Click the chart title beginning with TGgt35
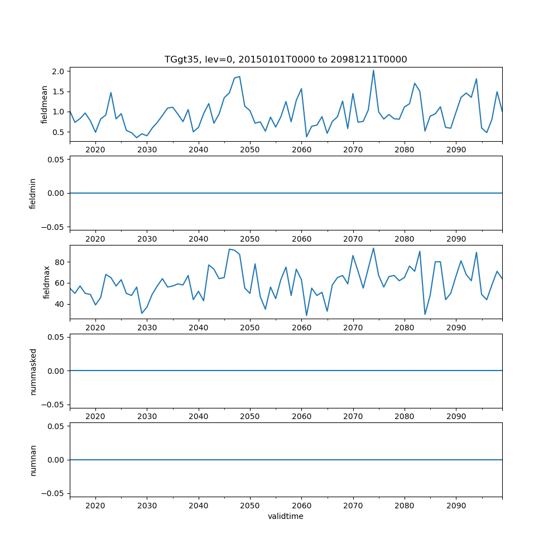coord(285,59)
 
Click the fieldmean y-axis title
coord(44,104)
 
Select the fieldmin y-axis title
coord(33,193)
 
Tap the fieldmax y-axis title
coord(47,282)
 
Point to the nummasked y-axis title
coord(33,371)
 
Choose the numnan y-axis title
coord(33,460)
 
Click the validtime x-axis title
coord(285,517)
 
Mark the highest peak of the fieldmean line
coord(373,70)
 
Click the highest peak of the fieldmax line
coord(373,248)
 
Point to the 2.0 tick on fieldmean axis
coord(59,71)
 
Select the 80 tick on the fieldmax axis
coord(60,262)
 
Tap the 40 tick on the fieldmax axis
coord(60,304)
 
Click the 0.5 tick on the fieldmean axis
coord(59,132)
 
